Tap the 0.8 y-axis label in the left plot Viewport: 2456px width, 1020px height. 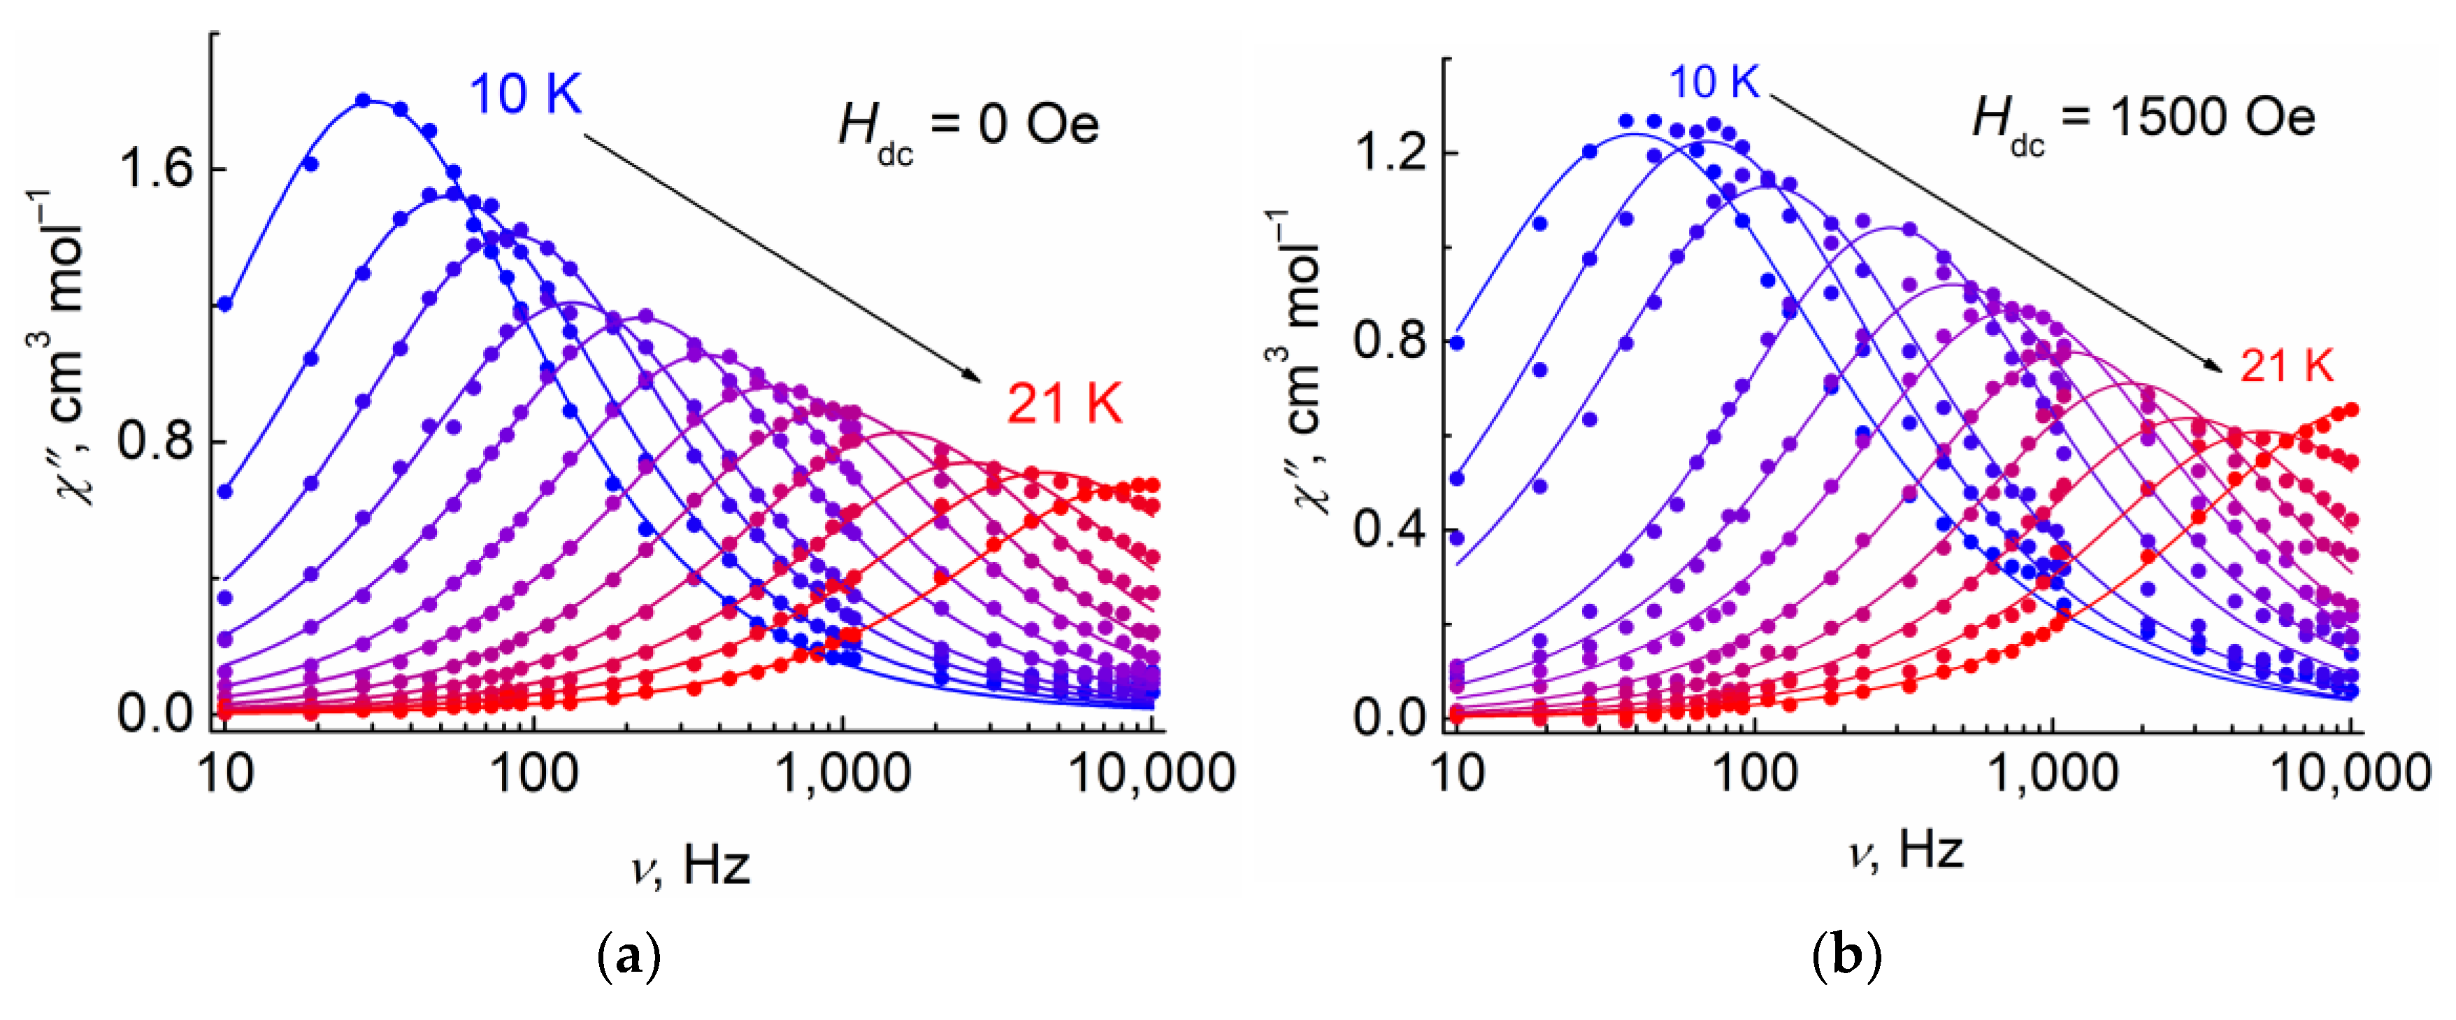pyautogui.click(x=154, y=441)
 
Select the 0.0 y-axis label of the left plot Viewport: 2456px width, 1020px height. pyautogui.click(x=154, y=713)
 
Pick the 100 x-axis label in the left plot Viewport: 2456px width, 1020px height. pyautogui.click(x=534, y=773)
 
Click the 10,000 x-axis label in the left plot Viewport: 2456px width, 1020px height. pyautogui.click(x=1151, y=773)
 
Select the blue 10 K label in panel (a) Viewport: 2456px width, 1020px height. pyautogui.click(x=524, y=94)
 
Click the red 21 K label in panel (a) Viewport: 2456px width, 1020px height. pyautogui.click(x=1064, y=403)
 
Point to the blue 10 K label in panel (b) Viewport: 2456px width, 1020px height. pyautogui.click(x=1714, y=82)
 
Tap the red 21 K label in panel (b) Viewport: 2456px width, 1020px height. pyautogui.click(x=2285, y=365)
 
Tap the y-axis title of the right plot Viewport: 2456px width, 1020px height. pyautogui.click(x=1298, y=362)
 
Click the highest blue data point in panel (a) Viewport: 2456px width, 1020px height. pyautogui.click(x=362, y=100)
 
